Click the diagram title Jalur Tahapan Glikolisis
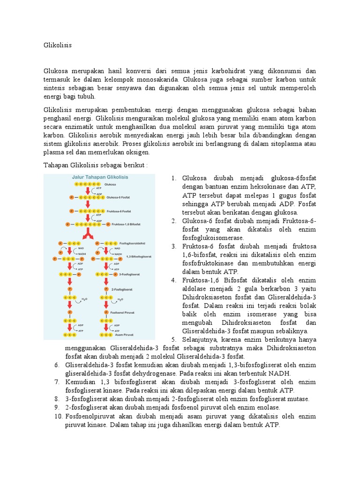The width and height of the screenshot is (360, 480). (x=99, y=178)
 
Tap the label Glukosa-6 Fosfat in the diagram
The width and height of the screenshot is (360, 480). (x=118, y=198)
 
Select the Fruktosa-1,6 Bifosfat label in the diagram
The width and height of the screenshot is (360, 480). (x=122, y=225)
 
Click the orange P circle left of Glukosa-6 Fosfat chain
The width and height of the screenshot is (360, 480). (x=71, y=198)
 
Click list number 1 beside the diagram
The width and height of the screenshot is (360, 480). (x=172, y=178)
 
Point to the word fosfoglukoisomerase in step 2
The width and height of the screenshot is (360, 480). (x=211, y=238)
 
